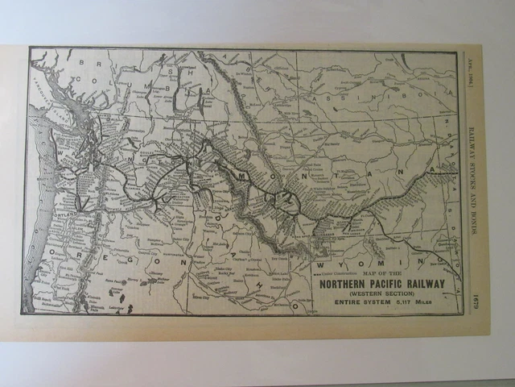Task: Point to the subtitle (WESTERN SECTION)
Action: (389, 293)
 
